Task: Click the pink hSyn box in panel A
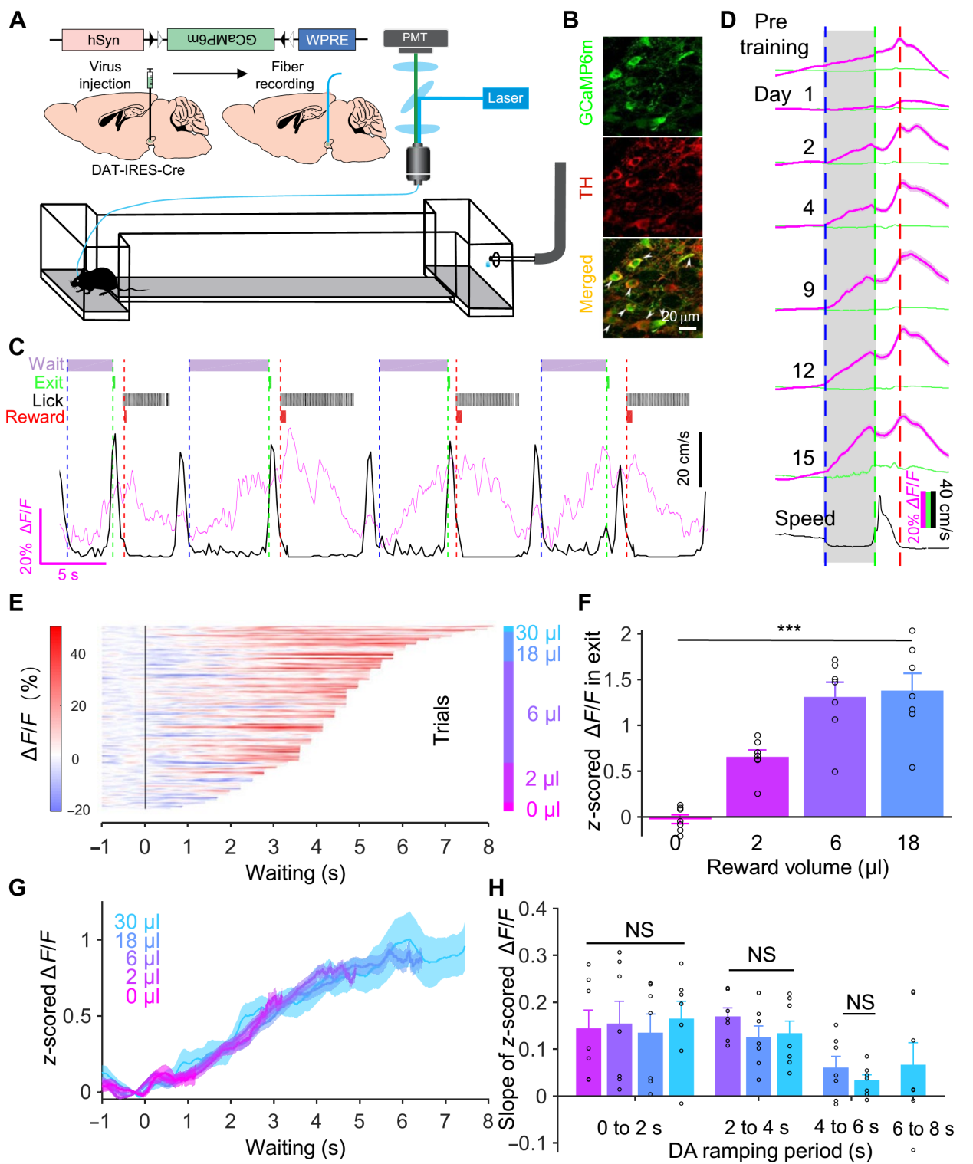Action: pyautogui.click(x=103, y=40)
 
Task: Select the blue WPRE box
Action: pyautogui.click(x=327, y=40)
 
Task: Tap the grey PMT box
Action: pyautogui.click(x=415, y=38)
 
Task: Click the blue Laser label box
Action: pyautogui.click(x=505, y=98)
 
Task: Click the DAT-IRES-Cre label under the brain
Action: pyautogui.click(x=138, y=170)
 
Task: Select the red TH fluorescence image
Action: pyautogui.click(x=652, y=187)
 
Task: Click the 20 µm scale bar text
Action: pyautogui.click(x=681, y=317)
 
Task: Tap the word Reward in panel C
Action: pyautogui.click(x=35, y=417)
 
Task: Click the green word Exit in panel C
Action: pyautogui.click(x=48, y=382)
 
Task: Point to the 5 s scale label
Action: pyautogui.click(x=68, y=575)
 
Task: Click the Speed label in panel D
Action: pyautogui.click(x=804, y=518)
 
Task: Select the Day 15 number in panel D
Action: pyautogui.click(x=803, y=459)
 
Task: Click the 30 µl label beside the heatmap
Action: pyautogui.click(x=538, y=633)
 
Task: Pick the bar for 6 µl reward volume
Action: pyautogui.click(x=834, y=756)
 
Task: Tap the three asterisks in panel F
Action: pyautogui.click(x=789, y=630)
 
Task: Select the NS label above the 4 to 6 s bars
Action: pyautogui.click(x=860, y=1002)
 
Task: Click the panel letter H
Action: pyautogui.click(x=497, y=888)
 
